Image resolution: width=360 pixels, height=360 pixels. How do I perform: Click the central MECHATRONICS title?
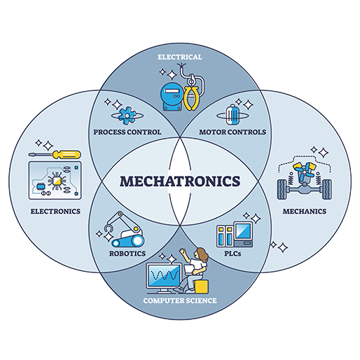click(x=180, y=181)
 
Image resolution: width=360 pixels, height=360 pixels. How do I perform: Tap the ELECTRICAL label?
click(x=180, y=57)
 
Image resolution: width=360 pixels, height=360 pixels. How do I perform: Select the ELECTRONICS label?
click(x=55, y=212)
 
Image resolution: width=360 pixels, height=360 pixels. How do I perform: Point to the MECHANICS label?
click(x=305, y=212)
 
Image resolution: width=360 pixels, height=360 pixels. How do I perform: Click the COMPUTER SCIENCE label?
click(x=180, y=300)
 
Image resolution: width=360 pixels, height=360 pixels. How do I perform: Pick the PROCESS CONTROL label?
click(x=127, y=132)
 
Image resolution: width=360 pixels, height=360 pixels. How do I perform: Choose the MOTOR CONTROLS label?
click(x=233, y=132)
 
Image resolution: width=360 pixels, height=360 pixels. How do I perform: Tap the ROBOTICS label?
click(x=127, y=254)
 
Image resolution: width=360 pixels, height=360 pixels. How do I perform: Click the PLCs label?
click(x=233, y=254)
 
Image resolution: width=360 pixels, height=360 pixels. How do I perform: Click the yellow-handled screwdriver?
click(x=55, y=154)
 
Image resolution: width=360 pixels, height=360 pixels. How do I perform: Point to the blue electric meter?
click(x=172, y=96)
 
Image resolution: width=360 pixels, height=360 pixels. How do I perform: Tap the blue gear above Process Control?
click(x=127, y=116)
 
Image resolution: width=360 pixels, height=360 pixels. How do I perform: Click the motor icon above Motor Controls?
click(x=233, y=114)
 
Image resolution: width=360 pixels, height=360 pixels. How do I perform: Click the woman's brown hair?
click(x=202, y=254)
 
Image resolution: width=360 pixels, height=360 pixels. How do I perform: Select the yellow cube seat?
click(x=201, y=286)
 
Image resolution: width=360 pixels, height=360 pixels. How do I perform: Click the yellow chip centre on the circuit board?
click(x=56, y=181)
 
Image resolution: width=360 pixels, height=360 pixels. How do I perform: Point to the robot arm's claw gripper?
click(x=108, y=228)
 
